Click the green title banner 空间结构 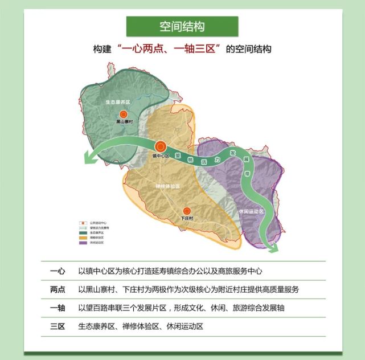tap(182, 27)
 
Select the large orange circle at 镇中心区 tap(161, 146)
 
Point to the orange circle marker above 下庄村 tap(187, 211)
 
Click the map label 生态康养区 tap(118, 102)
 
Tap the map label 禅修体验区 tap(167, 186)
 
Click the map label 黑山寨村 tap(124, 121)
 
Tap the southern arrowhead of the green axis tap(273, 247)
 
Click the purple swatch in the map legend tap(81, 243)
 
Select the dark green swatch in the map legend tap(81, 233)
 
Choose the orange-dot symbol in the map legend tap(81, 223)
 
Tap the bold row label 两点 tap(58, 289)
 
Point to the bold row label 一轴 tap(58, 308)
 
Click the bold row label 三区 tap(58, 326)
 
